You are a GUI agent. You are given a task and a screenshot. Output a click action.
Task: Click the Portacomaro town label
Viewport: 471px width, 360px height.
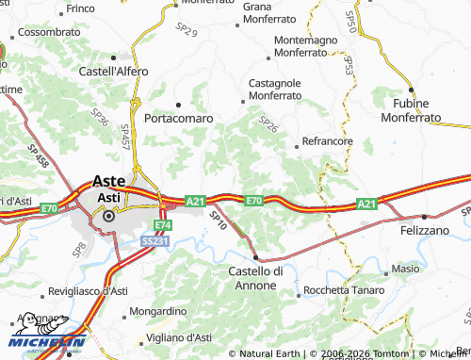tap(179, 119)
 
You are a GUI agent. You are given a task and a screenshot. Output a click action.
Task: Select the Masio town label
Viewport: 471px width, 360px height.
tap(406, 269)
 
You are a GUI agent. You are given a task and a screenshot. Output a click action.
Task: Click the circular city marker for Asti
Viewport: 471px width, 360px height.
tap(108, 216)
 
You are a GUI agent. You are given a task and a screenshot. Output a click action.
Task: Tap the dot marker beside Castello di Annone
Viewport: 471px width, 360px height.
tap(255, 256)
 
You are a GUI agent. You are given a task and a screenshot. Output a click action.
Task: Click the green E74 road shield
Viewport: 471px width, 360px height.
tap(163, 226)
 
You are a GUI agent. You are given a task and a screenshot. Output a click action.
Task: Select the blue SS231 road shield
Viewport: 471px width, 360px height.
tap(155, 241)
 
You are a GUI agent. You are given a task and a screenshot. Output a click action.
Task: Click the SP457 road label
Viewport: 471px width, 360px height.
tap(125, 138)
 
